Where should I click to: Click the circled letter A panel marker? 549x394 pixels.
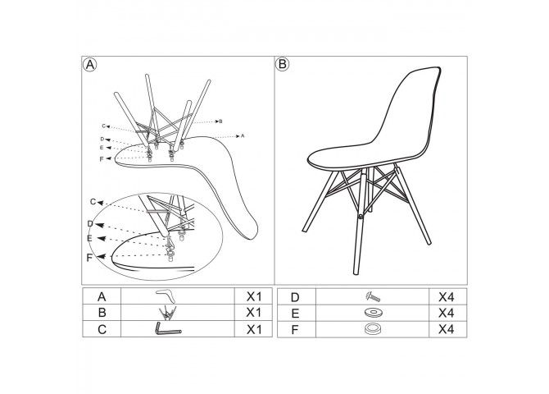tap(90, 65)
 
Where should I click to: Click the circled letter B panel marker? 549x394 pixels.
tap(282, 64)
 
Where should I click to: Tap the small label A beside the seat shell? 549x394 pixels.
tap(243, 135)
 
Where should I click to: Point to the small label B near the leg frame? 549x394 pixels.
tap(220, 121)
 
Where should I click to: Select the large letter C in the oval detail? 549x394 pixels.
tap(93, 202)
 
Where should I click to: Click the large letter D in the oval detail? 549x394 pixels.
tap(90, 224)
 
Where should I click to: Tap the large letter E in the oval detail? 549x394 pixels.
tap(89, 239)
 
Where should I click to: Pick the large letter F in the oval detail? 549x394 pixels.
tap(89, 258)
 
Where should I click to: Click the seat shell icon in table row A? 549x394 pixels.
tap(166, 295)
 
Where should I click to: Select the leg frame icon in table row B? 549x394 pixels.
tap(167, 312)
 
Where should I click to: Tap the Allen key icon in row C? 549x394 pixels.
tap(167, 329)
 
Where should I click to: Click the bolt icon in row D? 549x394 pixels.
tap(373, 297)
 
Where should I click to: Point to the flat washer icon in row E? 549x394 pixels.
tap(373, 312)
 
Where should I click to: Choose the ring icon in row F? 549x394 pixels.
tap(373, 328)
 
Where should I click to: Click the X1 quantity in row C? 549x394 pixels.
tap(254, 329)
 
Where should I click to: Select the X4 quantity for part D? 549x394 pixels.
tap(447, 297)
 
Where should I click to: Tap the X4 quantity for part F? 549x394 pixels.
tap(447, 329)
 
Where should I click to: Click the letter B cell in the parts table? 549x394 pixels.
tap(102, 312)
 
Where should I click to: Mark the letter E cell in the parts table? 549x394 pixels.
tap(295, 313)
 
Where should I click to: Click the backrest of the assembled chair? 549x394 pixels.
tap(410, 105)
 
